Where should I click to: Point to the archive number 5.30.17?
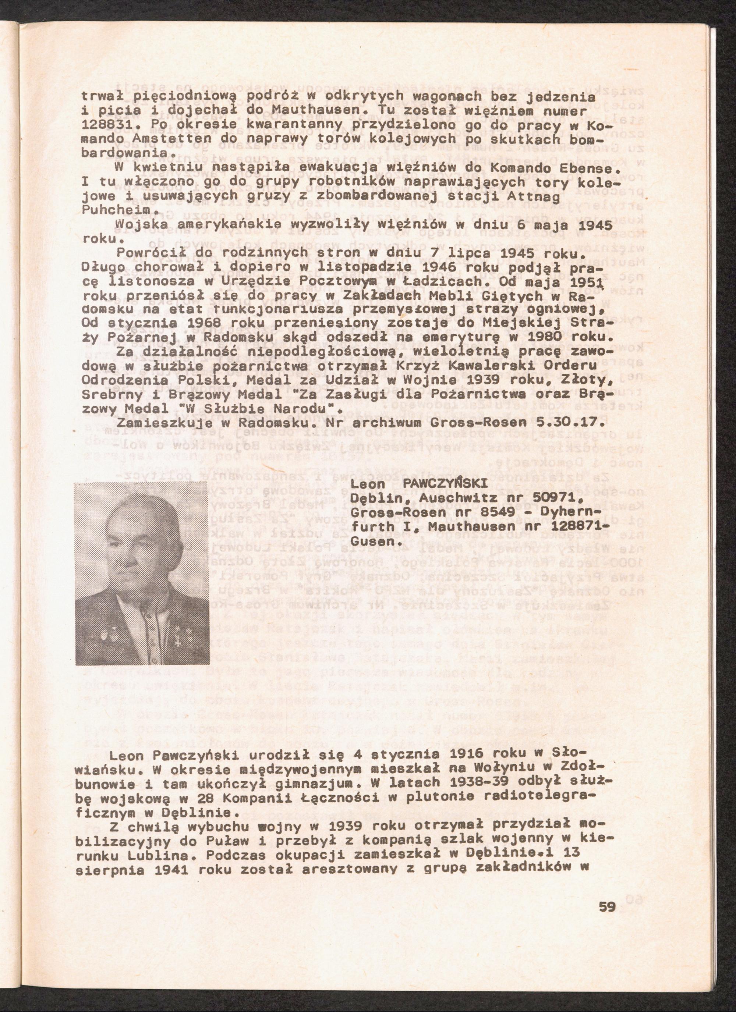point(565,422)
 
